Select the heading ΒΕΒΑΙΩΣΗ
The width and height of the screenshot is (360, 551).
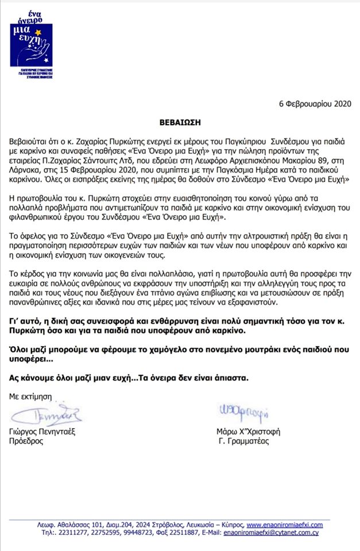tap(179, 123)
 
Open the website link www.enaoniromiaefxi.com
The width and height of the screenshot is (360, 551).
tap(284, 525)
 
